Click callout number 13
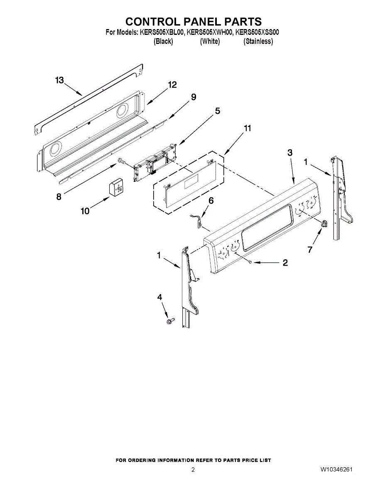tap(60, 80)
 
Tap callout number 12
tap(172, 85)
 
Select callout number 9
tap(194, 97)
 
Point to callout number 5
tap(218, 111)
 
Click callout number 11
tap(248, 129)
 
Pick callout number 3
tap(290, 152)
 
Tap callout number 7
tap(309, 250)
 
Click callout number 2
tap(285, 263)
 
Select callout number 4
tap(160, 297)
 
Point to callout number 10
tap(85, 211)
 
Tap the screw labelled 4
tap(169, 321)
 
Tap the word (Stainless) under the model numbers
tap(258, 41)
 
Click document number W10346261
tap(336, 470)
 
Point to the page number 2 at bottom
tap(193, 470)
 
